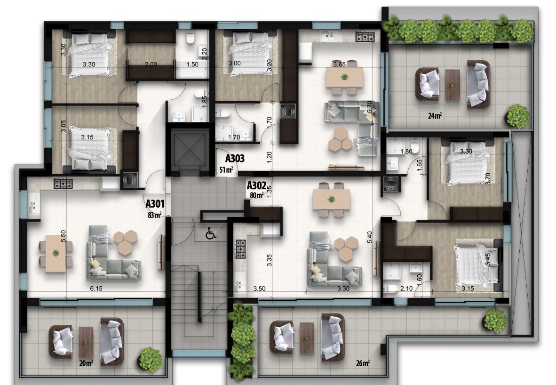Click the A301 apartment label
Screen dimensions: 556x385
(155, 204)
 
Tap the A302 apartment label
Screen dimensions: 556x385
(256, 185)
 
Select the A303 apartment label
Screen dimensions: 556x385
(235, 158)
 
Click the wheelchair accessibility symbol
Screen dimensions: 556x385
(211, 233)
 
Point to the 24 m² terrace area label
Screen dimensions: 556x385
(435, 116)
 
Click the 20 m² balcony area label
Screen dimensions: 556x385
(86, 363)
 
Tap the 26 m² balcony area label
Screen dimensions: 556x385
(363, 363)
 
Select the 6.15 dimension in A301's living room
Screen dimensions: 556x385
(96, 289)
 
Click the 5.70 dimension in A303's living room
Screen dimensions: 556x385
(370, 107)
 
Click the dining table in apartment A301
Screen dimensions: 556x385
(56, 253)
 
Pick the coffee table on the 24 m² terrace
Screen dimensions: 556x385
(453, 84)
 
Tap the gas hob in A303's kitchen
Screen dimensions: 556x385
(365, 36)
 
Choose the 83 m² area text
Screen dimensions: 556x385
(155, 215)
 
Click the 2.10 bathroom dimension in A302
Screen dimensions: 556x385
(406, 289)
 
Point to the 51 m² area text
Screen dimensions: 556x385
(226, 170)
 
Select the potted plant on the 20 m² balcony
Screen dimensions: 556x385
(151, 360)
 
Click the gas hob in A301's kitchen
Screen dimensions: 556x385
(63, 184)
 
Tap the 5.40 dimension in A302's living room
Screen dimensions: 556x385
(370, 237)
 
